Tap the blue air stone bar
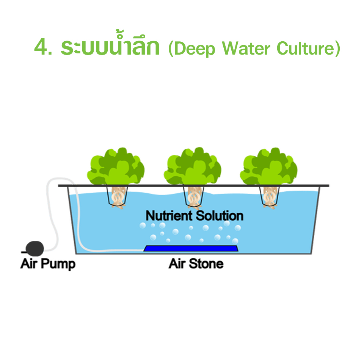pos(191,249)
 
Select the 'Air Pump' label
pos(48,264)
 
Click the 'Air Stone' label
pos(196,264)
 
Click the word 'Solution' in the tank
pos(220,216)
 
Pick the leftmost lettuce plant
pos(116,167)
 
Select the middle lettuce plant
pos(193,167)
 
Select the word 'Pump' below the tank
pos(61,264)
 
